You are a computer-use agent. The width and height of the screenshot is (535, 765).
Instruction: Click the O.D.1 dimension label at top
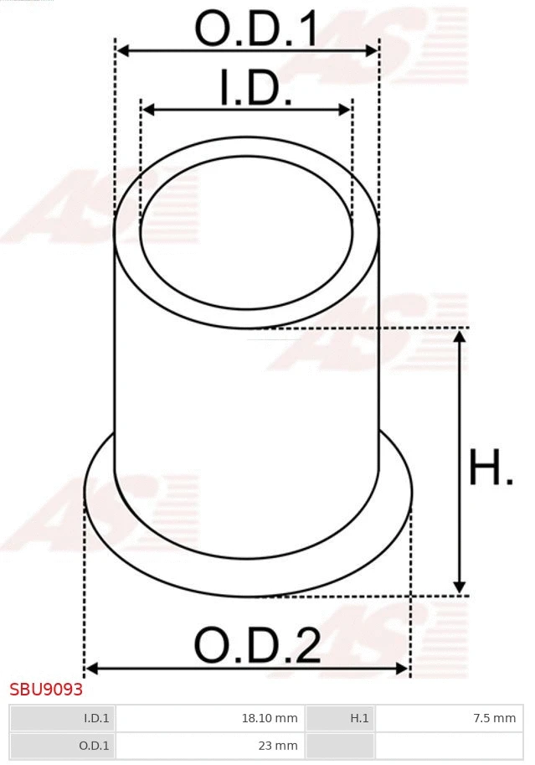click(x=256, y=28)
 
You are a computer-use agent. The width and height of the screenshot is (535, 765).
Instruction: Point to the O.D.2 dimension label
click(x=257, y=646)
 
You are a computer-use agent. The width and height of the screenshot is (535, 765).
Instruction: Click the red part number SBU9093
click(x=46, y=690)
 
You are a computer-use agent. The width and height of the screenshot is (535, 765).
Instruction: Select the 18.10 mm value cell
click(x=209, y=718)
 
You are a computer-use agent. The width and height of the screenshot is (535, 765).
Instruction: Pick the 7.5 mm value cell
click(x=447, y=718)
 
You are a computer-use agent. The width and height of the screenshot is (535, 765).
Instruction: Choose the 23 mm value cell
click(x=209, y=745)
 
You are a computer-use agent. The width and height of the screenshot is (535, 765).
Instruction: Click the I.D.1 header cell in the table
click(x=61, y=718)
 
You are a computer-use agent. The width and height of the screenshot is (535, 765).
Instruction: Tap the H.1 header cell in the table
click(x=340, y=718)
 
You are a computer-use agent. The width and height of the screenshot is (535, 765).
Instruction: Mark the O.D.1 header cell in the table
click(x=61, y=745)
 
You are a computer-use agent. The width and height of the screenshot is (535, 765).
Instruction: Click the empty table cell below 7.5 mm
click(x=447, y=745)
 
